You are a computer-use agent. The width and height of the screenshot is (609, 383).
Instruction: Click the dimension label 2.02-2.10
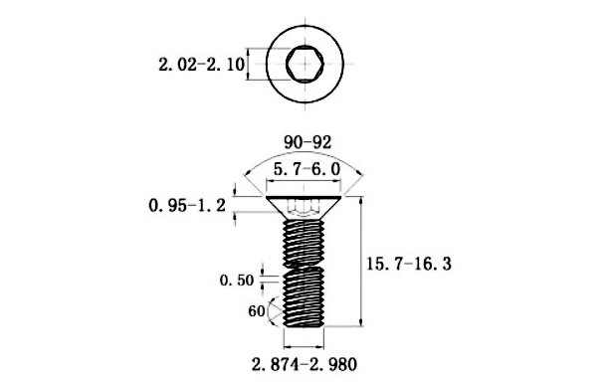(201, 65)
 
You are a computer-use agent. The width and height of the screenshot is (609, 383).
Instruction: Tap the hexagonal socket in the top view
(304, 64)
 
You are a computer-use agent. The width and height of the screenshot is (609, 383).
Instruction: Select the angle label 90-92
(307, 142)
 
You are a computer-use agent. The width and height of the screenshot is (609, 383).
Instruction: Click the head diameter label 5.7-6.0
(306, 169)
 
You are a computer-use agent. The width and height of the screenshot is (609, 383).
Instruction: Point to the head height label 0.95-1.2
(187, 205)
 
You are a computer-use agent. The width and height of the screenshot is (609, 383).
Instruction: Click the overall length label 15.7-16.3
(409, 265)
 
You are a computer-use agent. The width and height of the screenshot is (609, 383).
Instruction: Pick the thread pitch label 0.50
(237, 281)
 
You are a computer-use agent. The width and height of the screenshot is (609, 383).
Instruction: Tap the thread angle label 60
(257, 311)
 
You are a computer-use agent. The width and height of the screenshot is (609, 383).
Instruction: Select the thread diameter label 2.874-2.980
(304, 365)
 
